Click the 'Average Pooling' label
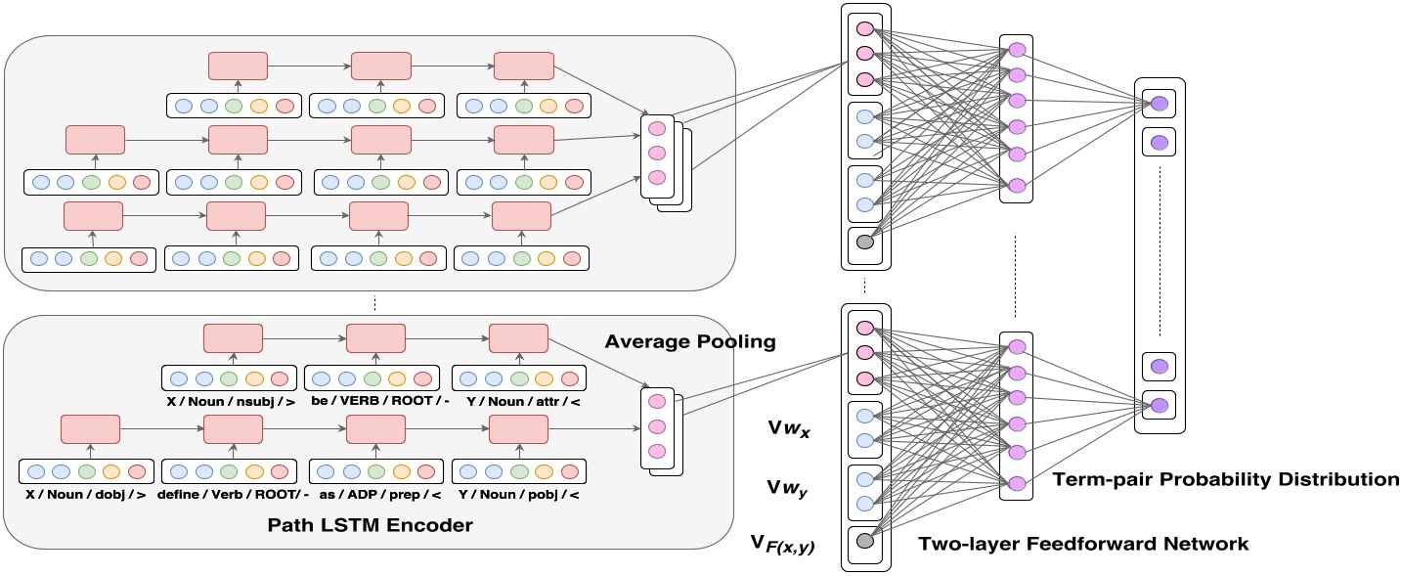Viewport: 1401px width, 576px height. pos(690,341)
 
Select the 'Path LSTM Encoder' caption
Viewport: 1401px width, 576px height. pos(370,526)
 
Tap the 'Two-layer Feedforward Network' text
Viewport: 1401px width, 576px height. pos(1083,544)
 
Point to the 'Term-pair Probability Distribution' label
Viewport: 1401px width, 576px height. pos(1226,479)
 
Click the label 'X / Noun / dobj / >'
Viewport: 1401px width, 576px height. pos(87,496)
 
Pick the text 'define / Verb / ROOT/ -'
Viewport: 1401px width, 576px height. pos(231,496)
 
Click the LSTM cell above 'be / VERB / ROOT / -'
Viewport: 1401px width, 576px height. pos(375,338)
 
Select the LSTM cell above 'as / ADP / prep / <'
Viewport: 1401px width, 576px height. pos(376,428)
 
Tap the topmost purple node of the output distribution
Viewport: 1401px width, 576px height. pos(1159,104)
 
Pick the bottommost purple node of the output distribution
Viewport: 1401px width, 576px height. pos(1159,405)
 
